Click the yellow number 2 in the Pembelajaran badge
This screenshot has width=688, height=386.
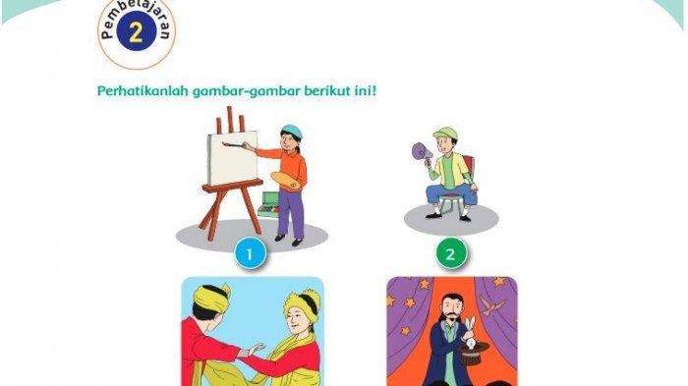pos(136,31)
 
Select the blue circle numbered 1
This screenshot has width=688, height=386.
pos(250,253)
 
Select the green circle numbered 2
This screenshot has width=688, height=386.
pos(451,253)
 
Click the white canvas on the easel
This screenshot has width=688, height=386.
pos(233,157)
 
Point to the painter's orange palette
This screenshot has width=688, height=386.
pos(287,181)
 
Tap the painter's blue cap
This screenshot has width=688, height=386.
pos(292,132)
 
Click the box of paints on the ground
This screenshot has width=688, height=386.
pos(269,205)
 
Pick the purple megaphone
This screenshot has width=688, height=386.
pos(422,152)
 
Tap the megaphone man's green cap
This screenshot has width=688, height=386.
pos(445,134)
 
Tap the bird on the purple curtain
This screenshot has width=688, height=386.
pos(491,305)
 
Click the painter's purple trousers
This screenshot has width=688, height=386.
pos(290,214)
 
